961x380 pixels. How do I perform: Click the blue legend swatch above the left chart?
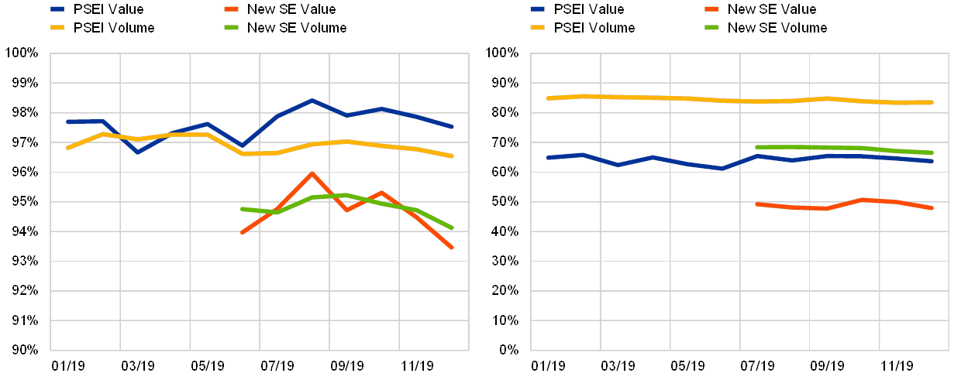pos(57,9)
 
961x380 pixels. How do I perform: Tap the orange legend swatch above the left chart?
pos(227,9)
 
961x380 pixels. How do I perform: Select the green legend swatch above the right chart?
pos(708,28)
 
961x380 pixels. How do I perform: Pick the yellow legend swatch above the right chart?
pos(538,28)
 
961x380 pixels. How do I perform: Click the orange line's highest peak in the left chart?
pos(312,173)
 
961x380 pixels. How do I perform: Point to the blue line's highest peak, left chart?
pos(312,101)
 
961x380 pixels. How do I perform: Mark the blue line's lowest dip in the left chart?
pos(138,152)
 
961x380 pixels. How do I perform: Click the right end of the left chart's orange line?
pos(452,247)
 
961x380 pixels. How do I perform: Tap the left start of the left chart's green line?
pos(243,208)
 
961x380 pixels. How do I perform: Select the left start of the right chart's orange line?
pos(756,204)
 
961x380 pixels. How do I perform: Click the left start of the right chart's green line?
pos(756,146)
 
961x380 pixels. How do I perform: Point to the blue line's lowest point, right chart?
pos(722,168)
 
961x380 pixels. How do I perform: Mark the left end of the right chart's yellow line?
pos(548,98)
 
